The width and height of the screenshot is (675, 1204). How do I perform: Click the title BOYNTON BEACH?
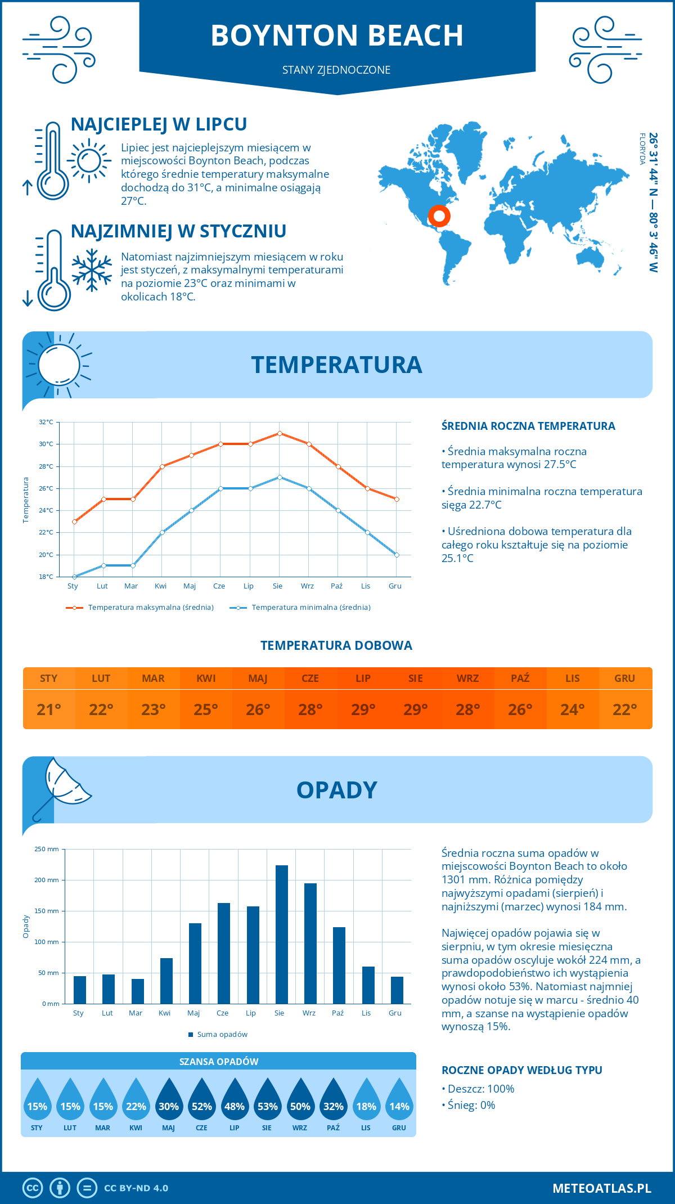[x=337, y=35]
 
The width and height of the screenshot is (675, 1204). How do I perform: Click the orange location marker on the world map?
[x=439, y=216]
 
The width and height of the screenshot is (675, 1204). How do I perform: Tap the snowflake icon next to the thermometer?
[x=92, y=270]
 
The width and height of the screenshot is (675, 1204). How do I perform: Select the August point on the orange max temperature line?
[x=280, y=433]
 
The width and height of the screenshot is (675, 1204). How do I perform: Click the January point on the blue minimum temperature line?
[x=74, y=577]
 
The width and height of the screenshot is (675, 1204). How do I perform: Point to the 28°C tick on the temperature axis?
[x=47, y=466]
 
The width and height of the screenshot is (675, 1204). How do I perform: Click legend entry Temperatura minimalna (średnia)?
[x=310, y=608]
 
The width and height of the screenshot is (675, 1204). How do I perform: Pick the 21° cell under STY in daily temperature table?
[x=49, y=709]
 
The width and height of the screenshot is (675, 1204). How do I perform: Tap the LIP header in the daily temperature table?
[x=363, y=679]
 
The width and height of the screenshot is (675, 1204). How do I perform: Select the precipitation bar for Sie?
[x=281, y=934]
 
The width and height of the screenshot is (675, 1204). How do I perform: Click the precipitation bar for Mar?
[x=137, y=991]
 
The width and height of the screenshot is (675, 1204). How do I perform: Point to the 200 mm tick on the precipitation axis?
[x=47, y=880]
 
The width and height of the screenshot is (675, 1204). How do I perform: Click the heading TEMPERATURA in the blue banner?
[x=336, y=365]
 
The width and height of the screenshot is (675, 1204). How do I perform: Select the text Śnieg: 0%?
[x=471, y=1105]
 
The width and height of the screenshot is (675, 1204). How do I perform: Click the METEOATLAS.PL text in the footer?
[x=601, y=1188]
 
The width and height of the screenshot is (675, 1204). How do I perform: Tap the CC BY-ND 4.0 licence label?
[x=136, y=1188]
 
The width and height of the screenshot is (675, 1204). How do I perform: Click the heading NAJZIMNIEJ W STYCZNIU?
[x=178, y=231]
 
